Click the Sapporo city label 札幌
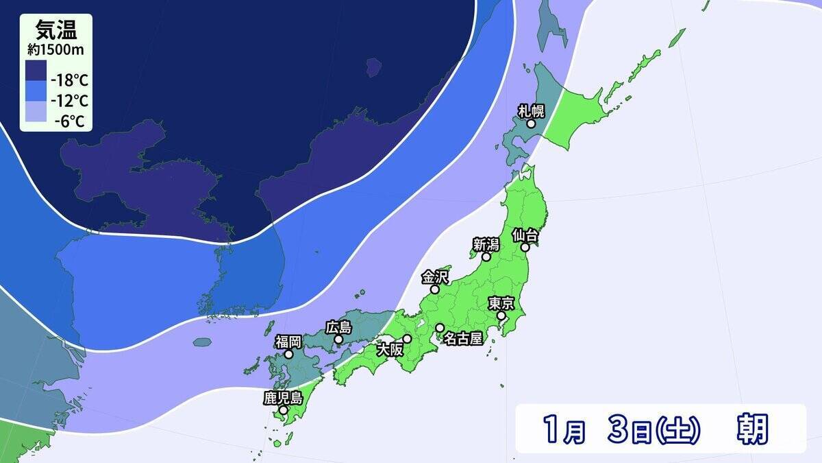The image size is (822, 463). pyautogui.click(x=531, y=110)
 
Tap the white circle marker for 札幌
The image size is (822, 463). pyautogui.click(x=531, y=124)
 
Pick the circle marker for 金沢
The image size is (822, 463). pyautogui.click(x=434, y=289)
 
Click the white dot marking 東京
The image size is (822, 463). pyautogui.click(x=501, y=316)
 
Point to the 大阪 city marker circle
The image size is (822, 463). pyautogui.click(x=408, y=338)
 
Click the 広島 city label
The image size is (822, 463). pyautogui.click(x=338, y=327)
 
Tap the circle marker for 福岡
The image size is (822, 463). pyautogui.click(x=289, y=355)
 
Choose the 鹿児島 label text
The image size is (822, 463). pyautogui.click(x=283, y=397)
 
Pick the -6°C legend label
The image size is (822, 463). pyautogui.click(x=71, y=121)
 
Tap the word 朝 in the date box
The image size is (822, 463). pyautogui.click(x=752, y=429)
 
